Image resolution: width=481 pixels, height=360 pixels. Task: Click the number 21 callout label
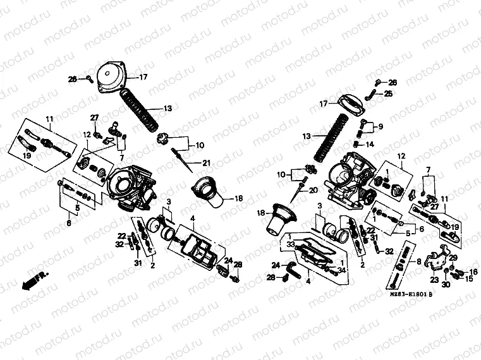206,164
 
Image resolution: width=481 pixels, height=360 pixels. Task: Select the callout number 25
389,93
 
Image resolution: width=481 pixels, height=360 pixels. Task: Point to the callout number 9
381,126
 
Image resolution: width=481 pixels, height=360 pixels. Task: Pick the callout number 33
291,244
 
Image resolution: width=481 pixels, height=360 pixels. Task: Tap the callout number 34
341,270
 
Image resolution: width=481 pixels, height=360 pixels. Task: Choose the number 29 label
453,257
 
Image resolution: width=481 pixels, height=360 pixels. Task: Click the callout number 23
435,279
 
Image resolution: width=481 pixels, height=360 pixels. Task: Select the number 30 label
446,284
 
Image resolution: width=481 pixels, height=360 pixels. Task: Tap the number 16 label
474,272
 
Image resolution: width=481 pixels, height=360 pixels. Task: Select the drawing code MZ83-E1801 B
408,294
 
